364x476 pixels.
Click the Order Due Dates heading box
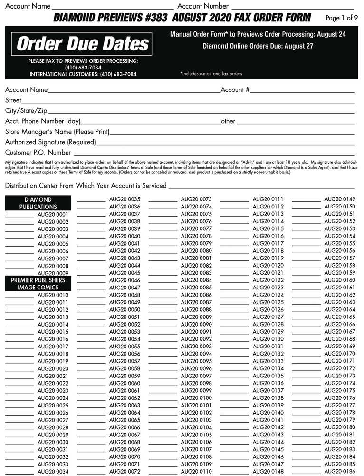click(x=83, y=44)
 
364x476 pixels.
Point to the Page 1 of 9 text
click(x=341, y=18)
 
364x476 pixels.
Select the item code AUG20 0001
click(x=53, y=215)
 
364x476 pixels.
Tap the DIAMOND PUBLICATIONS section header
click(x=38, y=203)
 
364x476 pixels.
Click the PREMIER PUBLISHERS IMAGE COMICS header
click(x=38, y=284)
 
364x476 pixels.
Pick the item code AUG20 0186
click(x=339, y=471)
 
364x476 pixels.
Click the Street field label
click(x=13, y=100)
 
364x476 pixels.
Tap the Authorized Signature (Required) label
click(x=50, y=142)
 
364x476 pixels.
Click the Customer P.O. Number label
click(x=38, y=153)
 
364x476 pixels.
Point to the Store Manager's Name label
click(x=57, y=131)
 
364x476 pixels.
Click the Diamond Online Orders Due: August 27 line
click(x=258, y=46)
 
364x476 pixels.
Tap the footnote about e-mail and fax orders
click(x=211, y=74)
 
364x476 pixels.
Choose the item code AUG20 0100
click(x=196, y=398)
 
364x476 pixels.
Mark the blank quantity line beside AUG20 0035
click(x=91, y=200)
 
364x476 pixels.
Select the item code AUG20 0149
click(x=339, y=199)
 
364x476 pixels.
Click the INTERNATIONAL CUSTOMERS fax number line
click(x=83, y=74)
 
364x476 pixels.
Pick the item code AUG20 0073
click(x=196, y=199)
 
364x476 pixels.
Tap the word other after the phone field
click(x=228, y=121)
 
